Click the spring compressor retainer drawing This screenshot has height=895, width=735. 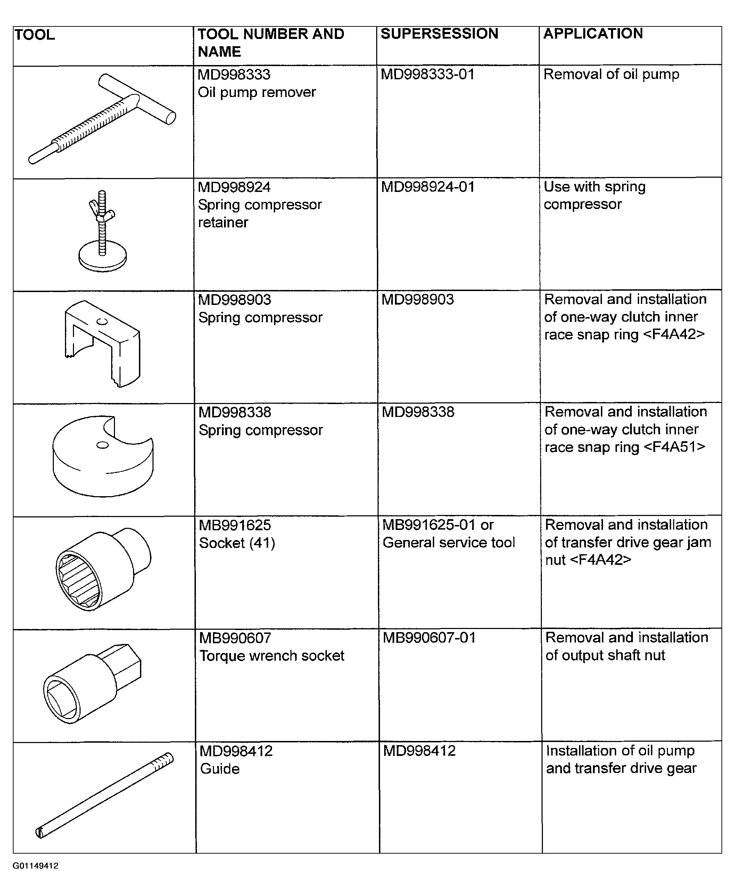point(102,231)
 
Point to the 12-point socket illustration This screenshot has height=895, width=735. point(103,569)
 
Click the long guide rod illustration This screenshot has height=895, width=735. point(104,795)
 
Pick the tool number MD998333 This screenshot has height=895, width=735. point(234,74)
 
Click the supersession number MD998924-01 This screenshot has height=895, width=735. point(428,187)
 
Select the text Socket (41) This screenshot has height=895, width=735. point(237,543)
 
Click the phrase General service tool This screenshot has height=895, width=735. point(449,542)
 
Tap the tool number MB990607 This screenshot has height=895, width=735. point(235,638)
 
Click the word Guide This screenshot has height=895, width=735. point(220,769)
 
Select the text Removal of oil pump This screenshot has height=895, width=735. point(611,74)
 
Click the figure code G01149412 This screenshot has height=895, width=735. point(35,866)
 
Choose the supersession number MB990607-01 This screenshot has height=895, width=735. point(429,637)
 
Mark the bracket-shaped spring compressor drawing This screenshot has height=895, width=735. point(102,344)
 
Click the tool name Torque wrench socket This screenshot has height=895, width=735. point(272,655)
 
